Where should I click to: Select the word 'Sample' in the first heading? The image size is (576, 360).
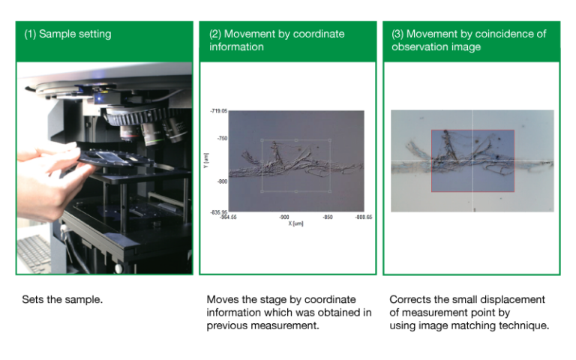56,34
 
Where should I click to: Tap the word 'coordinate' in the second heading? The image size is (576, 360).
318,34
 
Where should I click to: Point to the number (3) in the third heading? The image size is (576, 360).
397,34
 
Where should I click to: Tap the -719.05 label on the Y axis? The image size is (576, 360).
218,111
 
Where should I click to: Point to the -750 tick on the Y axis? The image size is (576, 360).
221,139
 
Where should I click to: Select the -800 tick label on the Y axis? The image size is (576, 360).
221,181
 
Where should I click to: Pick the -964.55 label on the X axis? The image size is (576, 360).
228,217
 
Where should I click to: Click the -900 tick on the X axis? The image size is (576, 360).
284,217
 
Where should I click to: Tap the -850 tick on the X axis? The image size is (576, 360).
328,217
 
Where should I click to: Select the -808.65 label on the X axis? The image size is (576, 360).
363,217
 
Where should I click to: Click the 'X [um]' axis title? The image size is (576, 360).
295,223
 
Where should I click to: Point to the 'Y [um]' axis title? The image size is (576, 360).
205,159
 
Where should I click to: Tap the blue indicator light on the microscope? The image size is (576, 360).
99,97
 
